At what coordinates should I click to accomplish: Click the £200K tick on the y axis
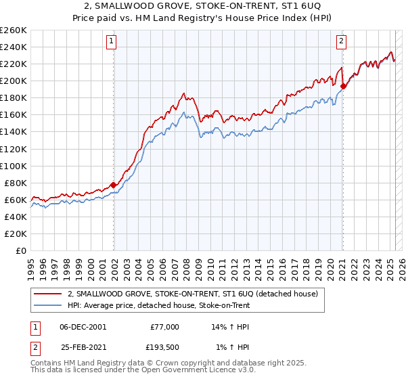point(13,81)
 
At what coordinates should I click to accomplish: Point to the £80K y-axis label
point(15,183)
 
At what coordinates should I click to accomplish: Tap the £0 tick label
point(21,250)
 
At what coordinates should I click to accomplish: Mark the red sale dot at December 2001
point(113,185)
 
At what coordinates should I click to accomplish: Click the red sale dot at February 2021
point(343,86)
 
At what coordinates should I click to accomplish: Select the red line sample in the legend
point(47,294)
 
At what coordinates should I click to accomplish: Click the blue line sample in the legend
point(47,305)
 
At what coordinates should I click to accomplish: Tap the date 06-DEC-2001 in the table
point(83,327)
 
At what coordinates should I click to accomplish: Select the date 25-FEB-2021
point(83,347)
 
